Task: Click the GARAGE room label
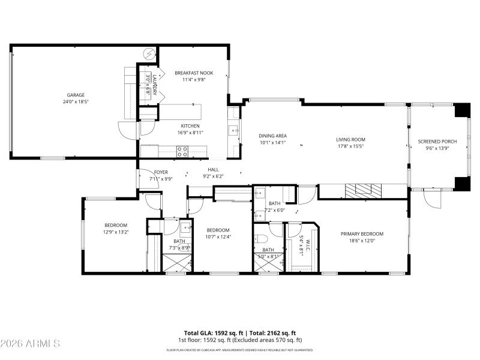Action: [x=76, y=95]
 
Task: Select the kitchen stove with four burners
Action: [x=182, y=151]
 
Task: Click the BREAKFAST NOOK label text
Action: [x=194, y=73]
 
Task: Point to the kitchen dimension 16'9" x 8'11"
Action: [x=190, y=132]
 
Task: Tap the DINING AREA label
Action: [x=272, y=136]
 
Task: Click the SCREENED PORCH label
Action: [x=437, y=142]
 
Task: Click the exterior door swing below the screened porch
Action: [x=433, y=200]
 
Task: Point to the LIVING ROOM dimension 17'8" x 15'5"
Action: [x=350, y=146]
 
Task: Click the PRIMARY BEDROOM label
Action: [x=362, y=234]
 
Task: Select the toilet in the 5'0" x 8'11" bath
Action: [x=264, y=239]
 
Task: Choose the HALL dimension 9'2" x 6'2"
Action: [x=214, y=176]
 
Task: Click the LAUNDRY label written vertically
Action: [x=154, y=85]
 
